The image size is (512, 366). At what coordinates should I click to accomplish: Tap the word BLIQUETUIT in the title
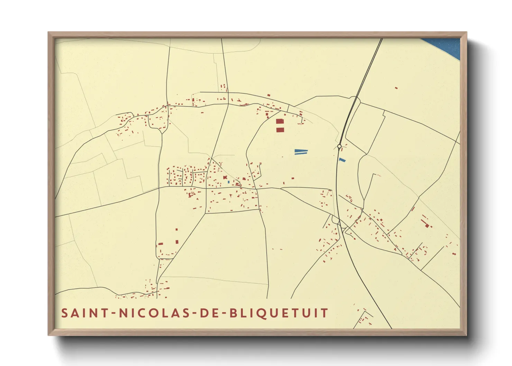click(279, 313)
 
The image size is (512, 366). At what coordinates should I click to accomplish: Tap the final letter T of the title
click(324, 313)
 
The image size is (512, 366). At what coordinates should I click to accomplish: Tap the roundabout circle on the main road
click(339, 146)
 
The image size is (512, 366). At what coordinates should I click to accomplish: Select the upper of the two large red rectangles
click(280, 121)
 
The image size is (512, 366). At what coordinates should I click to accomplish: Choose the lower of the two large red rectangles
click(280, 130)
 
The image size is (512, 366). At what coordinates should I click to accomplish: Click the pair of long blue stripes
click(301, 152)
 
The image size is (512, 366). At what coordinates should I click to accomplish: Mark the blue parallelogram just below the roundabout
click(342, 160)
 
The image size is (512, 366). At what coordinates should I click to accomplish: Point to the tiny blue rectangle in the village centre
click(229, 182)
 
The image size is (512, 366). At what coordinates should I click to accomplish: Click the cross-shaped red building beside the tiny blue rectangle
click(225, 178)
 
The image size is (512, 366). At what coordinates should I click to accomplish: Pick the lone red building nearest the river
click(396, 88)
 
